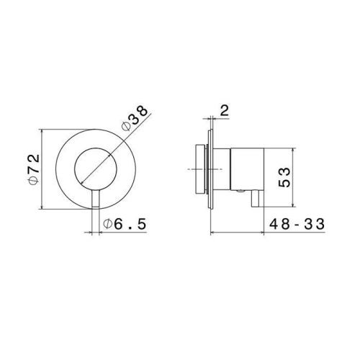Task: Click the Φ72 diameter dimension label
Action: [x=34, y=169]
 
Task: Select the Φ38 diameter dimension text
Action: [x=135, y=118]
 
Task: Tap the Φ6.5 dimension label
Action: [x=125, y=224]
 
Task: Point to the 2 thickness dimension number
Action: [x=225, y=110]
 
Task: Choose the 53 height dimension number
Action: [x=284, y=177]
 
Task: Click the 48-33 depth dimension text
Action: [x=297, y=224]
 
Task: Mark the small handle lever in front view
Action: [x=96, y=198]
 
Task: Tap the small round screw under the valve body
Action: [x=240, y=191]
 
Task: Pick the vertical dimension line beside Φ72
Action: [x=42, y=169]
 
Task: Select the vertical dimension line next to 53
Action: [x=293, y=177]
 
